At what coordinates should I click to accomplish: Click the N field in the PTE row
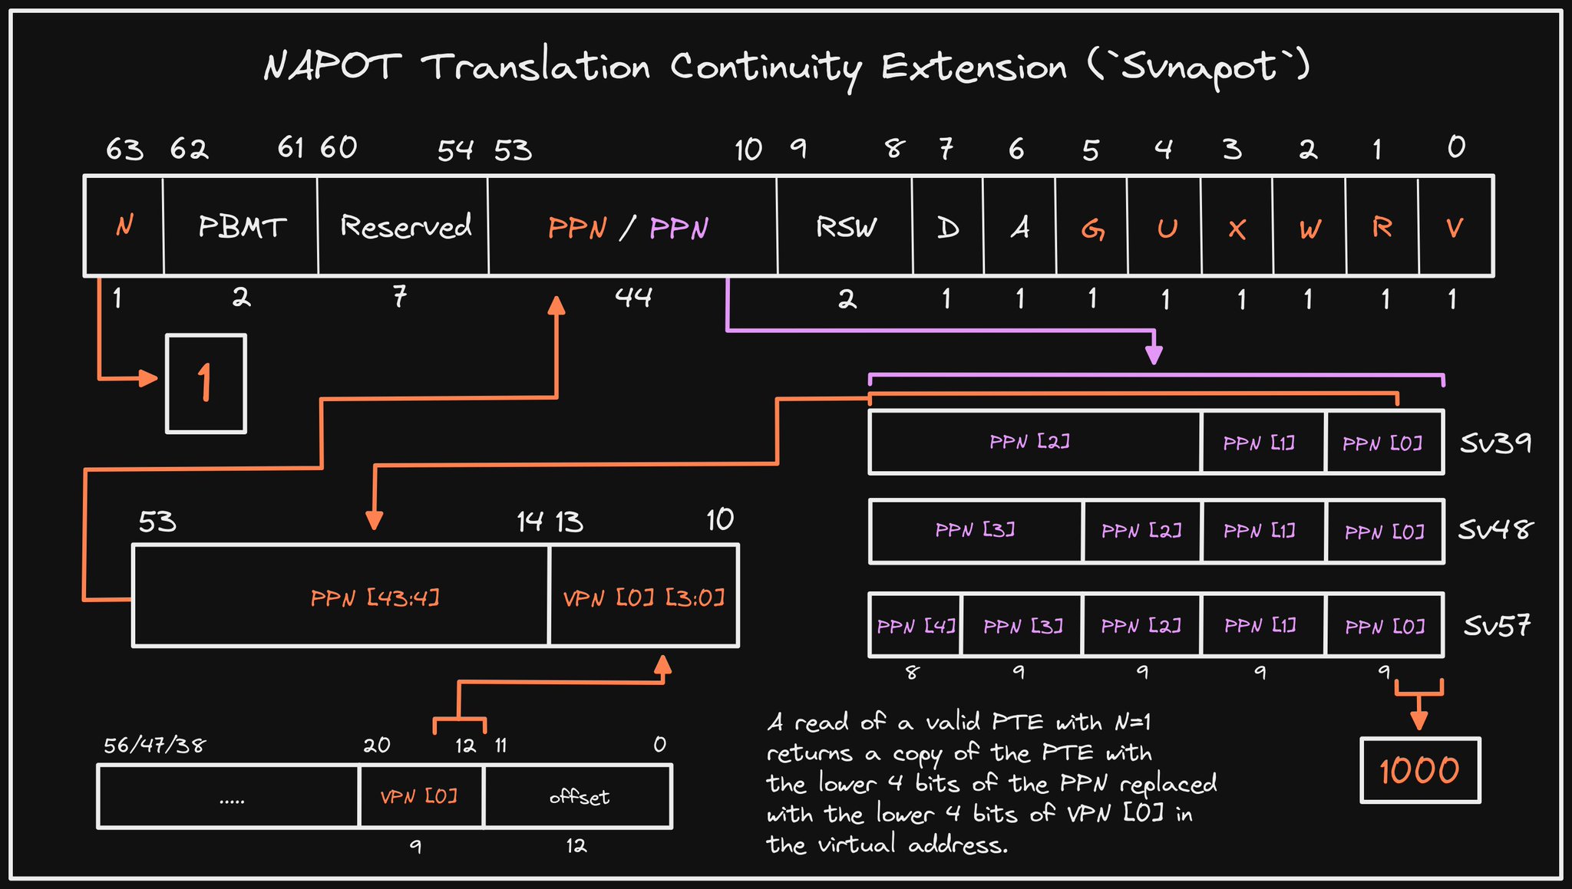pos(124,226)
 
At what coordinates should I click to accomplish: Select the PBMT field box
pos(240,226)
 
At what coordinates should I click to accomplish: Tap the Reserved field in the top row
pos(403,226)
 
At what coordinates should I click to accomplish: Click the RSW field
pos(844,226)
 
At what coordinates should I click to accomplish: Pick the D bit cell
pos(948,226)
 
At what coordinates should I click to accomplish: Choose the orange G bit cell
pos(1092,226)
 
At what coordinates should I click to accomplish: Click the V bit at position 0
pos(1455,226)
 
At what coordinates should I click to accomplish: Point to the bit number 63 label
pos(124,149)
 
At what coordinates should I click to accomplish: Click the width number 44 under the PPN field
pos(633,297)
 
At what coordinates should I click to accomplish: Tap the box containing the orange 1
pos(206,384)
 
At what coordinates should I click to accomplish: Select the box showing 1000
pos(1420,770)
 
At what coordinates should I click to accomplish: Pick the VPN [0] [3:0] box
pos(644,596)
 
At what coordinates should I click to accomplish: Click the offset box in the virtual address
pos(578,796)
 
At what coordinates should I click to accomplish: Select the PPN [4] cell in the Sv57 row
pos(915,625)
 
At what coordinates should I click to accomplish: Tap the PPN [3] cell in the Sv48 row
pos(976,531)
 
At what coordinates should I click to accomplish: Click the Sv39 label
pos(1495,443)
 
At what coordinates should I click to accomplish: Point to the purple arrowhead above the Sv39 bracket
pos(1154,354)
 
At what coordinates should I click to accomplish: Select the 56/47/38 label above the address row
pos(154,745)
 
